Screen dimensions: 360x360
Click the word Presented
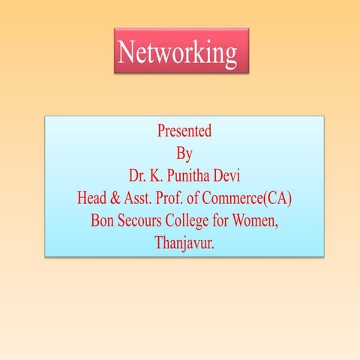pos(184,130)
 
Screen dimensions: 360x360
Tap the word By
pos(184,154)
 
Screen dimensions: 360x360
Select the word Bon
pos(102,222)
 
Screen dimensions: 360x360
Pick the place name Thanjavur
pos(184,244)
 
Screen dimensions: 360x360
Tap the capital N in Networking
pos(127,52)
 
